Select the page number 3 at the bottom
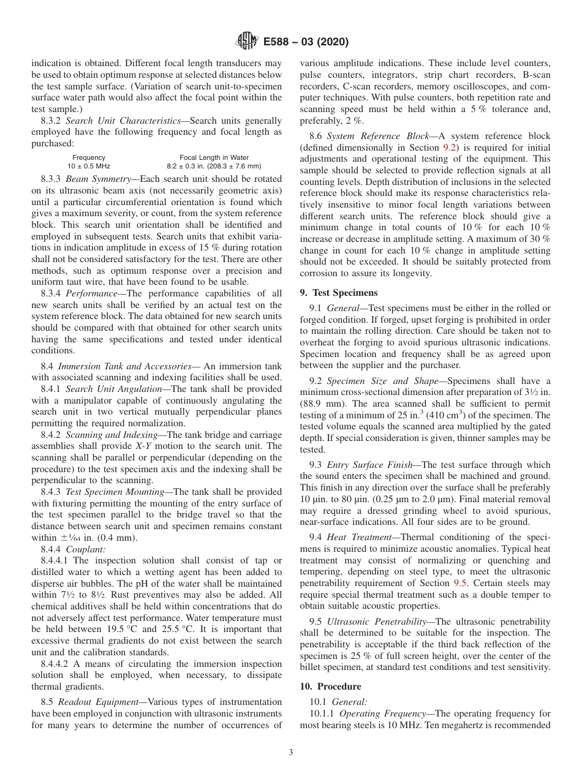(291, 753)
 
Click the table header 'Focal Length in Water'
(214, 157)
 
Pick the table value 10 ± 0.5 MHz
(89, 166)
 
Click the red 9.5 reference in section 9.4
(460, 584)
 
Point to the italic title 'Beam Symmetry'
(97, 179)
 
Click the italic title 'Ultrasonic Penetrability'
(376, 622)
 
